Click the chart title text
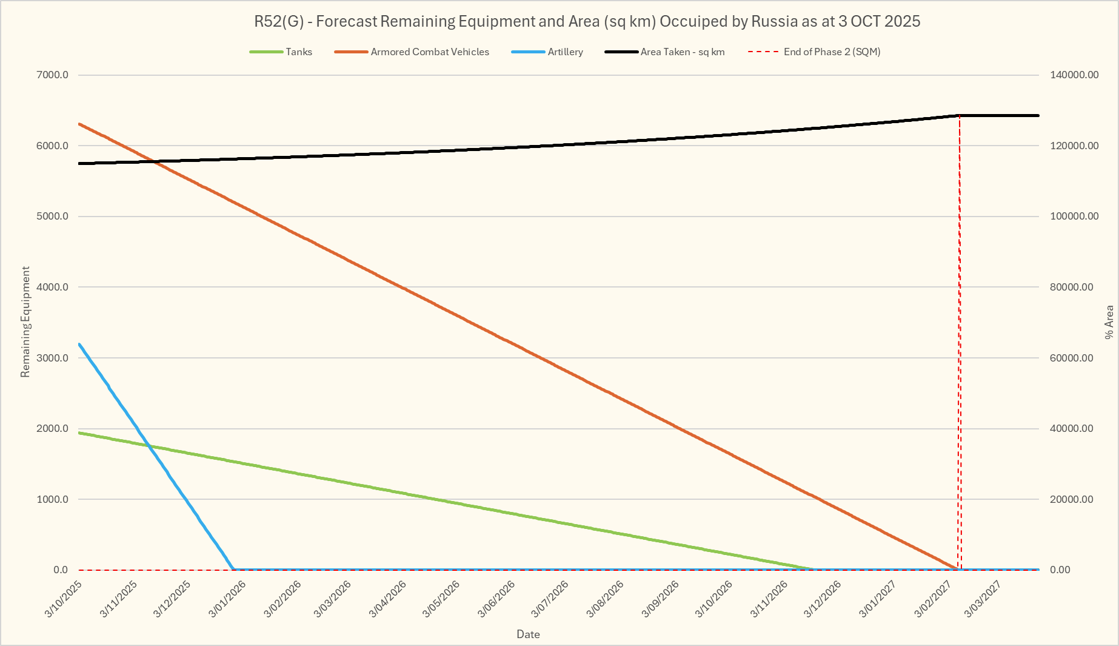[x=587, y=21]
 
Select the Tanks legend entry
[x=298, y=52]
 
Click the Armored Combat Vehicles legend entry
[x=429, y=52]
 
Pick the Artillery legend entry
[x=565, y=52]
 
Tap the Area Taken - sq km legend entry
[x=682, y=52]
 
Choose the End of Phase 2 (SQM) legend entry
[x=832, y=52]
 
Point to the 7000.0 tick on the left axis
[x=53, y=75]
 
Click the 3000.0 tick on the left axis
[x=53, y=358]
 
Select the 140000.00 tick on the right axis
[x=1074, y=75]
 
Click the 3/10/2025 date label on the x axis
[x=64, y=599]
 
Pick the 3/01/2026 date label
[x=227, y=599]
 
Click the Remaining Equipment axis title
[x=25, y=321]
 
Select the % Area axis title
[x=1109, y=321]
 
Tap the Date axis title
[x=528, y=634]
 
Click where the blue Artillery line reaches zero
[x=233, y=569]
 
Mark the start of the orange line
[x=79, y=124]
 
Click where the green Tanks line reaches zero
[x=813, y=569]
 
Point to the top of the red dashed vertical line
[x=960, y=115]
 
